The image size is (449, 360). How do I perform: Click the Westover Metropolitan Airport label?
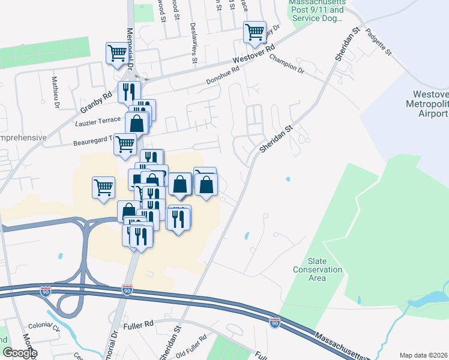[x=430, y=104]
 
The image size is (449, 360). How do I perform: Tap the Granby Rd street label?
[x=96, y=103]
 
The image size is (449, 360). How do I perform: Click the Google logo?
[x=20, y=353]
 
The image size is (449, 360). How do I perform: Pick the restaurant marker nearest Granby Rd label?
[x=128, y=92]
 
